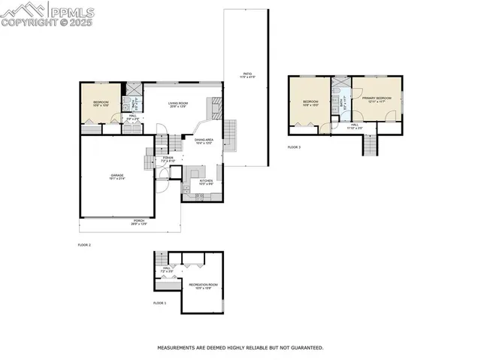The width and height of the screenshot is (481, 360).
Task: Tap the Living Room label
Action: point(177,104)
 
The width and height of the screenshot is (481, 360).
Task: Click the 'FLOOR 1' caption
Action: point(160,303)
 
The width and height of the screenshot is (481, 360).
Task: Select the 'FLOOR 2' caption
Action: point(84,245)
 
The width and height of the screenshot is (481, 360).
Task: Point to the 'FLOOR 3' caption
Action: point(294,147)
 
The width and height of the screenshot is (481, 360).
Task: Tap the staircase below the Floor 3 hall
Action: point(370,145)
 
